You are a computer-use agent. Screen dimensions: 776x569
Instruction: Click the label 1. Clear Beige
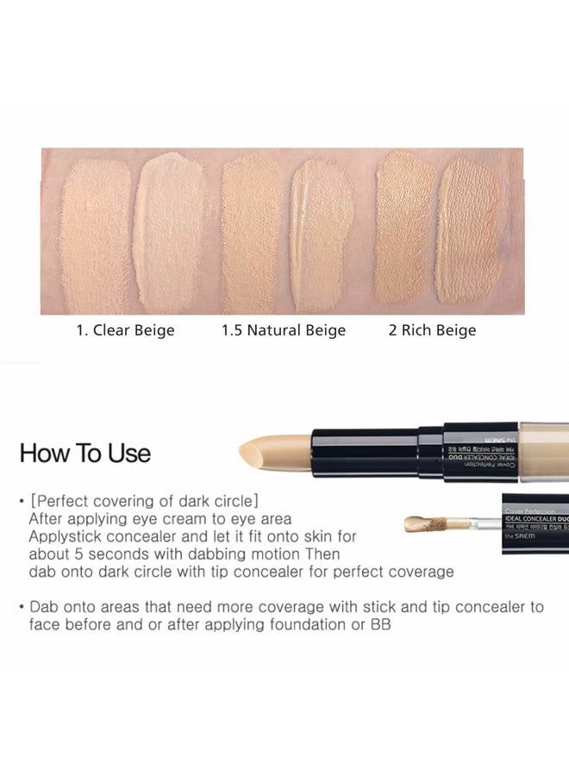[x=125, y=330]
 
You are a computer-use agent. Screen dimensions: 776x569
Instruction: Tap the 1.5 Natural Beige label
[x=284, y=330]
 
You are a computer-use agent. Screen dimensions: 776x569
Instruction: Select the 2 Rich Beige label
[x=432, y=330]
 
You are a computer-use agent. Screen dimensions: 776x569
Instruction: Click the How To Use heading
[x=85, y=454]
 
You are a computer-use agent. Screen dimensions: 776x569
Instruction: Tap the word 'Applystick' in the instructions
[x=66, y=536]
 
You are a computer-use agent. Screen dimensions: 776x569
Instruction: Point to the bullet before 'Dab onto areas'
[x=21, y=607]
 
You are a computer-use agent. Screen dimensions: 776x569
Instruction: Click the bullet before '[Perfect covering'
[x=21, y=501]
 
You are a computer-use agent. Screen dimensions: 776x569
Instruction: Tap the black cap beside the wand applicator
[x=535, y=523]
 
